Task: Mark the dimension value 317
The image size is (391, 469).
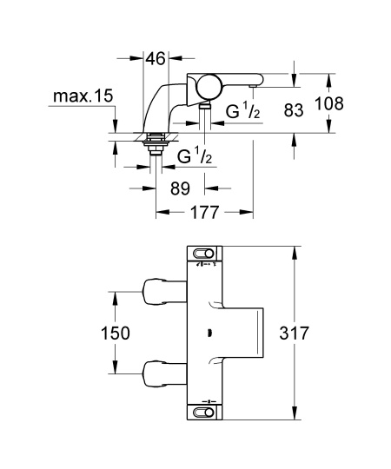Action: point(322,333)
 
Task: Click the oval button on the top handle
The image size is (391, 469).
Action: point(206,253)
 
